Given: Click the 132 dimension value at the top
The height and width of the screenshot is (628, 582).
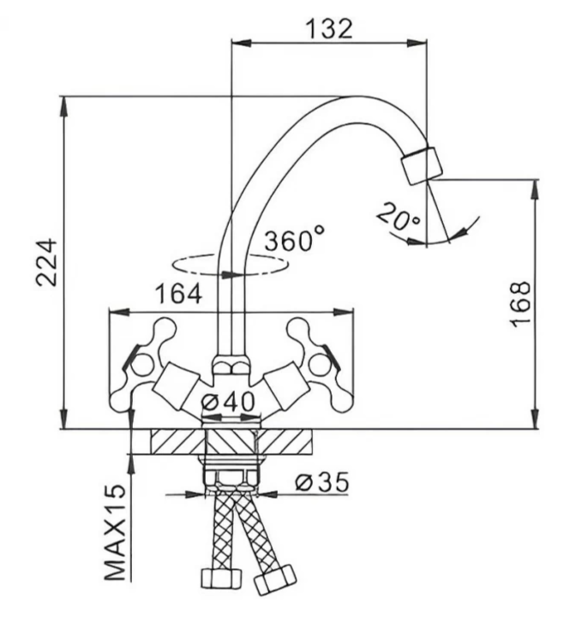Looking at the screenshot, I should click(x=328, y=27).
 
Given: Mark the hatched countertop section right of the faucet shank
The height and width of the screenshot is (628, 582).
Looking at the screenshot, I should click(x=287, y=443).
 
